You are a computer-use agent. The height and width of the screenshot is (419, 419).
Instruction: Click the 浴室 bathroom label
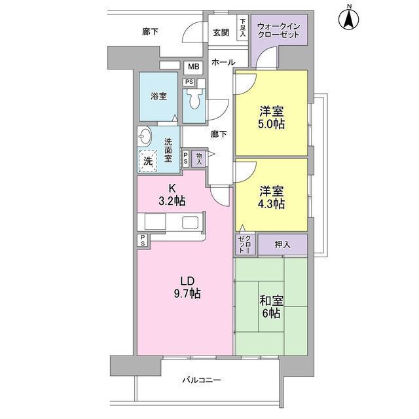point(158,96)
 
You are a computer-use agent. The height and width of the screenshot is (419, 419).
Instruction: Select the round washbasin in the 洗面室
point(145,137)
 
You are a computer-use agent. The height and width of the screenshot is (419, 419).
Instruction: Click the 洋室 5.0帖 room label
point(271,117)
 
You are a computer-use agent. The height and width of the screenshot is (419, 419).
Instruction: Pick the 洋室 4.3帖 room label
point(271,197)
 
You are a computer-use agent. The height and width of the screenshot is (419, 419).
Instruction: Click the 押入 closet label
point(283,245)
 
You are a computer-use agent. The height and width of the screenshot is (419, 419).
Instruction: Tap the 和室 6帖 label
point(271,307)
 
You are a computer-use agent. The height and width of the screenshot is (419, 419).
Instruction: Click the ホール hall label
point(223,62)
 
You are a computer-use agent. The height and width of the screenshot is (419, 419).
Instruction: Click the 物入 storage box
point(199,157)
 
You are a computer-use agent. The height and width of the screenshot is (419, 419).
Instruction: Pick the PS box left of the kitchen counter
point(142,240)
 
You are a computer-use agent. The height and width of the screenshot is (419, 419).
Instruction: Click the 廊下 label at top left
point(151,31)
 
